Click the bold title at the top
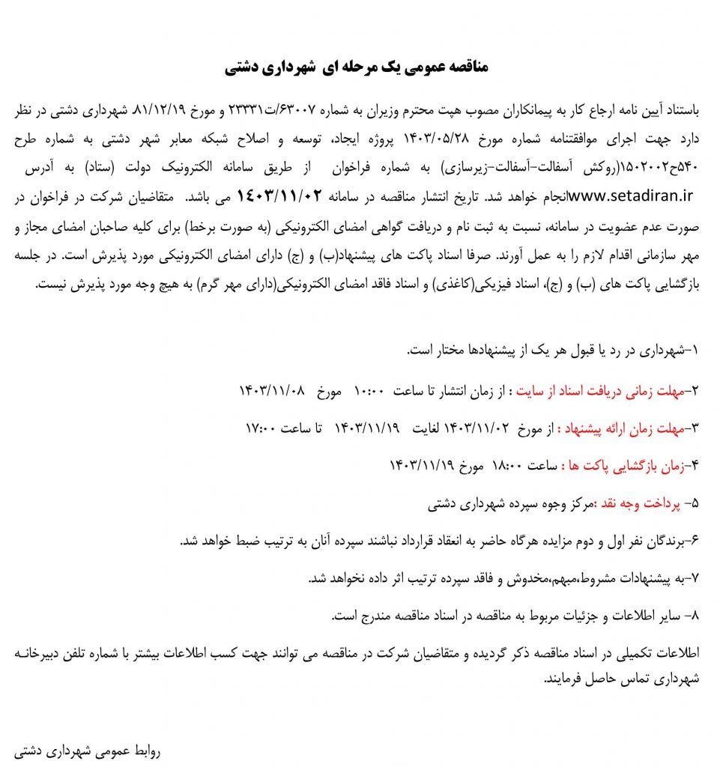pyautogui.click(x=357, y=67)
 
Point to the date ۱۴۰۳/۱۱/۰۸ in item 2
pyautogui.click(x=273, y=390)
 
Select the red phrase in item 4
pyautogui.click(x=628, y=467)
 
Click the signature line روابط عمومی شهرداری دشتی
pyautogui.click(x=87, y=750)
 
